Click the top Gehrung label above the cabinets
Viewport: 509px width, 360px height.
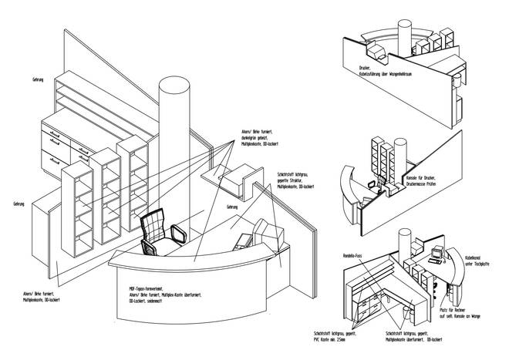point(38,79)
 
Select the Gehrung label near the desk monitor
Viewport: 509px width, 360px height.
point(232,208)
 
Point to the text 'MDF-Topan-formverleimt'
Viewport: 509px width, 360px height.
point(147,287)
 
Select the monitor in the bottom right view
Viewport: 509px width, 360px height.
point(437,251)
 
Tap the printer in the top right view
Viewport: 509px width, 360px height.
point(379,52)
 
